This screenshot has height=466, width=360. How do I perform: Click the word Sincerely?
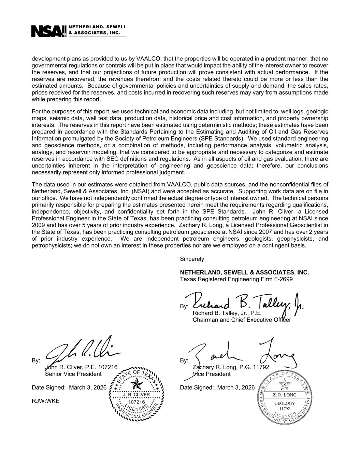(193, 259)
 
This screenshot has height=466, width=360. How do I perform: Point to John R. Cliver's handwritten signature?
(82, 352)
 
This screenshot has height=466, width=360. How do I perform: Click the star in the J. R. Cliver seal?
(137, 384)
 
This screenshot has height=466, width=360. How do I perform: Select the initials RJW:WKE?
(45, 401)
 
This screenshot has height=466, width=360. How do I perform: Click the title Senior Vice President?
(73, 374)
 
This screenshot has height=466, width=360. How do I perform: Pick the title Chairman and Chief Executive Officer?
(242, 320)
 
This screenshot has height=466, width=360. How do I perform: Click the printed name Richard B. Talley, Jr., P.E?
(227, 313)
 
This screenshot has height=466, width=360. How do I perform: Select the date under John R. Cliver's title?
(88, 387)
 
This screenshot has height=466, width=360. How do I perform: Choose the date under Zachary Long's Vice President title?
(236, 387)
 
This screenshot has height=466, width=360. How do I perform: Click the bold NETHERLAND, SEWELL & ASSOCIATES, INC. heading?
(244, 272)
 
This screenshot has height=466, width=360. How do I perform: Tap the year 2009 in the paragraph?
(38, 225)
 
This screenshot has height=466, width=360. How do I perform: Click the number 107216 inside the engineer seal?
(137, 402)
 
